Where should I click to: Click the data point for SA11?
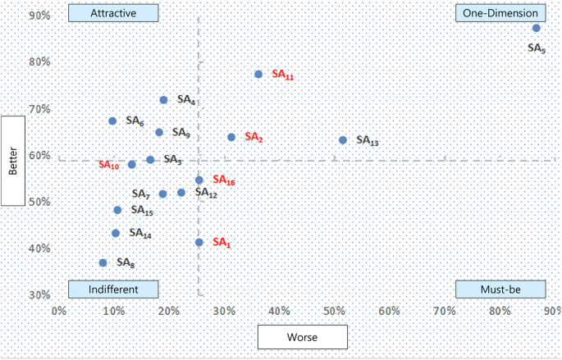click(258, 75)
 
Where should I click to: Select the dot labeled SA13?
click(343, 140)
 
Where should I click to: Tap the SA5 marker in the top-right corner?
click(537, 28)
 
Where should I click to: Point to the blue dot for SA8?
click(103, 263)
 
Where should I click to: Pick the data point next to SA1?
click(199, 243)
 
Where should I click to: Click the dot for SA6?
click(112, 121)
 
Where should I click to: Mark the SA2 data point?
click(231, 138)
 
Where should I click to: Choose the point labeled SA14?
click(116, 234)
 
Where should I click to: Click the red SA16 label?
click(224, 180)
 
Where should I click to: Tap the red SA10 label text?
click(109, 165)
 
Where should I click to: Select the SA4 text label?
click(186, 101)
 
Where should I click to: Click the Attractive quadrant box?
click(113, 13)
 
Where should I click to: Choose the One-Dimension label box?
click(500, 13)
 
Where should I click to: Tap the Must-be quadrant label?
click(500, 289)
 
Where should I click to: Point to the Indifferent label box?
click(113, 289)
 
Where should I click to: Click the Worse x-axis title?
click(303, 336)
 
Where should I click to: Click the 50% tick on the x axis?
click(334, 312)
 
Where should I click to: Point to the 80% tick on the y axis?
click(39, 62)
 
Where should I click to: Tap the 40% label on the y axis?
click(39, 248)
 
